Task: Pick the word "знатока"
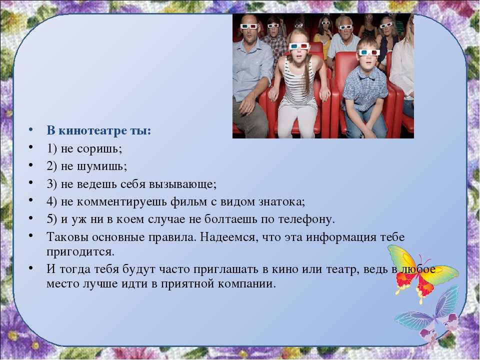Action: (280, 202)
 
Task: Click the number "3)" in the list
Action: (51, 184)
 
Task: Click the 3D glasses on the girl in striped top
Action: (299, 46)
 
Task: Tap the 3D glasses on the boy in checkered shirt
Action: (369, 52)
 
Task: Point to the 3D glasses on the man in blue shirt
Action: (249, 26)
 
